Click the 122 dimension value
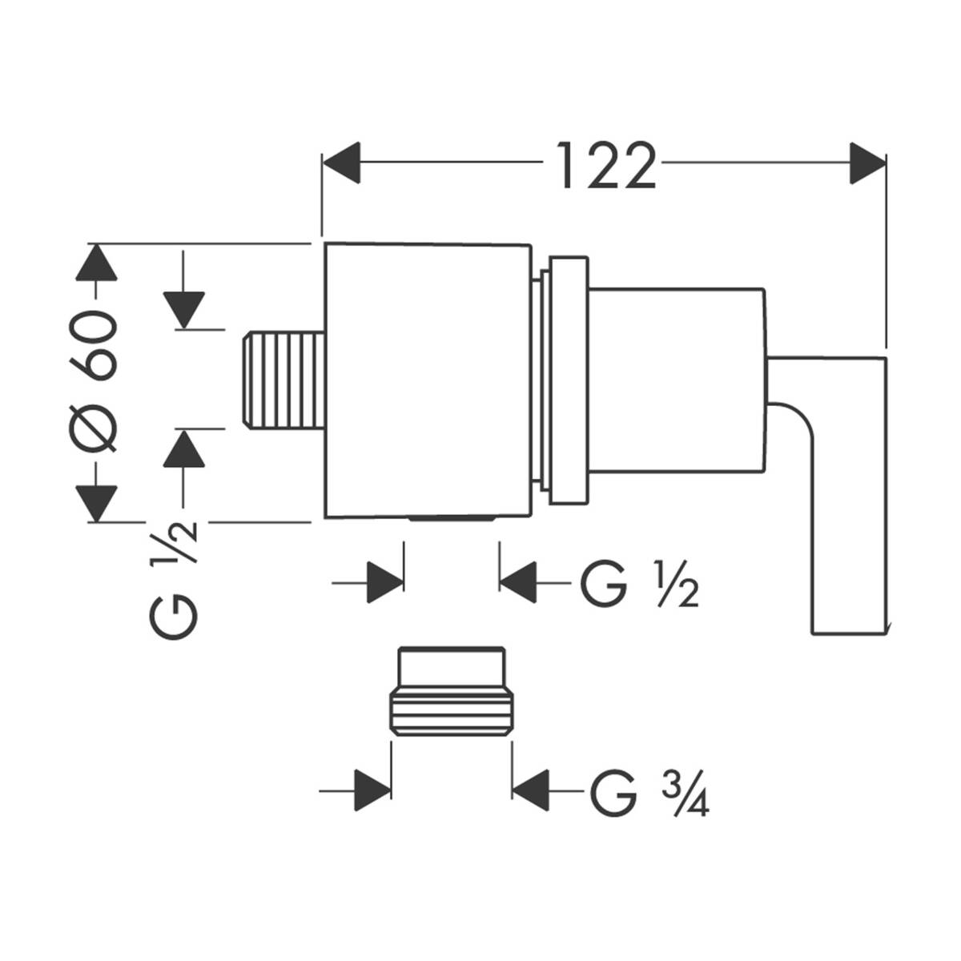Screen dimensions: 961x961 [605, 166]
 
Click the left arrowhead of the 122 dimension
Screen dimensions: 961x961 [341, 163]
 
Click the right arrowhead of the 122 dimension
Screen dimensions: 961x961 [868, 163]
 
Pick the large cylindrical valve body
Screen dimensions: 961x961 [428, 380]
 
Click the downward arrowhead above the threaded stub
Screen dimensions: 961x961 [184, 309]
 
